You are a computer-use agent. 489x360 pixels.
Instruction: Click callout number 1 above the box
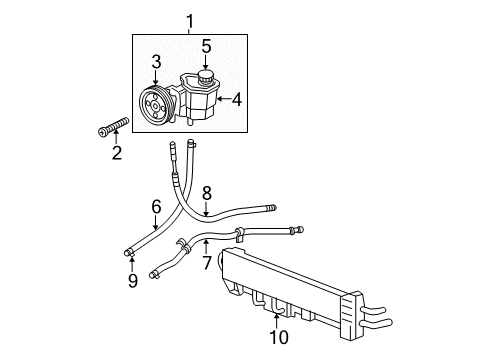(190, 18)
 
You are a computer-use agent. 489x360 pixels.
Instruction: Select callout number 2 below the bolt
(116, 153)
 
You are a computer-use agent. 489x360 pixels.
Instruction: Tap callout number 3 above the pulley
(156, 63)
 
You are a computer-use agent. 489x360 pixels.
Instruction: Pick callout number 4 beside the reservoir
(236, 100)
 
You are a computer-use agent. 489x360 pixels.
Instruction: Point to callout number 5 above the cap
(205, 45)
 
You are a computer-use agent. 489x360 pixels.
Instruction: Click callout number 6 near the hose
(156, 206)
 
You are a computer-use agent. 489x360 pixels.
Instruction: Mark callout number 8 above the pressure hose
(206, 192)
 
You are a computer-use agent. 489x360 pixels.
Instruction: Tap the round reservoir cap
(205, 79)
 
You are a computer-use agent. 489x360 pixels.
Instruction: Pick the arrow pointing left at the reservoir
(223, 100)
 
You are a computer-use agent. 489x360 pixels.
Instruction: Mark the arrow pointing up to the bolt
(116, 140)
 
